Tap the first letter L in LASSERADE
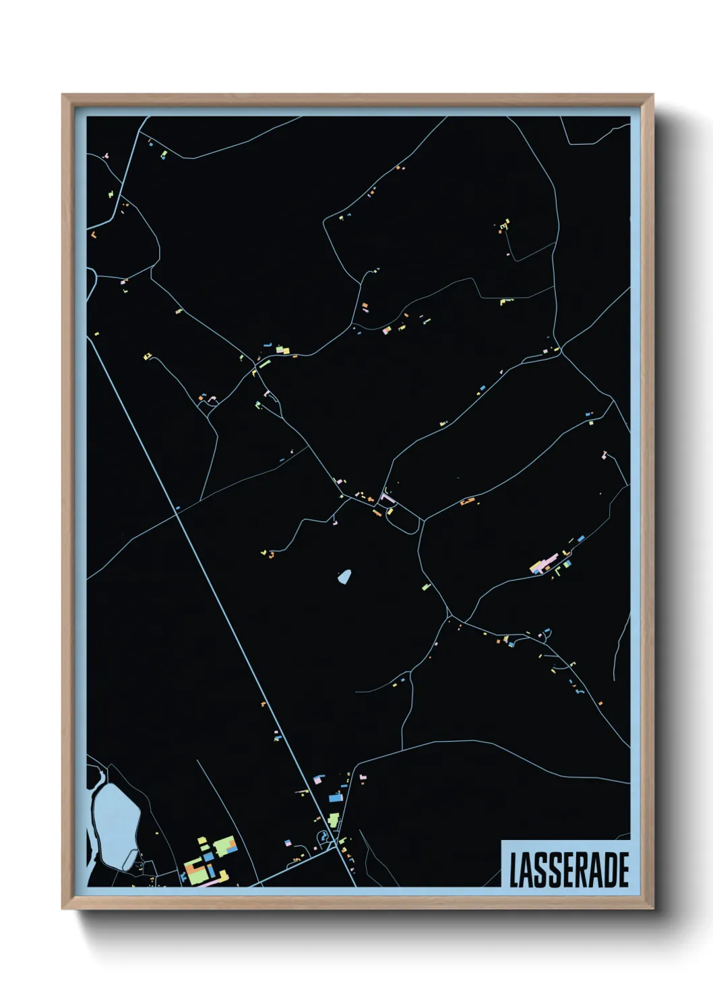[x=514, y=870]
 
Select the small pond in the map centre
[x=344, y=577]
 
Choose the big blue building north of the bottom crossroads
[x=335, y=798]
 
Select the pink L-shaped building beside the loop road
[x=386, y=498]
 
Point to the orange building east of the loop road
[x=467, y=501]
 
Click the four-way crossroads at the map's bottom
[x=335, y=845]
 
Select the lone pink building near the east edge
[x=604, y=456]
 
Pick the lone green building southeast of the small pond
[x=425, y=587]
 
